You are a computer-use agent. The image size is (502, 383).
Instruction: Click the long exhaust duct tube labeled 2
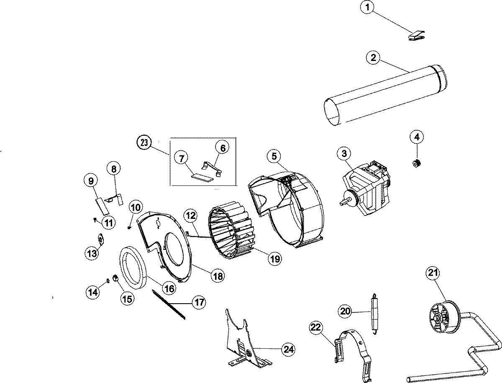pyautogui.click(x=385, y=95)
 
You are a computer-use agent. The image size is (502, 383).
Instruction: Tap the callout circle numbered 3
pyautogui.click(x=344, y=154)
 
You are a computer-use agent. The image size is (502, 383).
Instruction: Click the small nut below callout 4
pyautogui.click(x=416, y=163)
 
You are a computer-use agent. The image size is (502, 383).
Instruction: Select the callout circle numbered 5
pyautogui.click(x=274, y=156)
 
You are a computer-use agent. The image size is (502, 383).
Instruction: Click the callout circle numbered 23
pyautogui.click(x=143, y=143)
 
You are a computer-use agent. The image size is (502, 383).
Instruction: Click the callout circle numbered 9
pyautogui.click(x=90, y=180)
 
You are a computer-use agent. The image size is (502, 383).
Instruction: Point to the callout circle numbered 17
pyautogui.click(x=199, y=302)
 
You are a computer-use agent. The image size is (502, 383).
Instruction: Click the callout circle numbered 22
pyautogui.click(x=316, y=328)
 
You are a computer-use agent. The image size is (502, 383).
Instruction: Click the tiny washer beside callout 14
pyautogui.click(x=108, y=280)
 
